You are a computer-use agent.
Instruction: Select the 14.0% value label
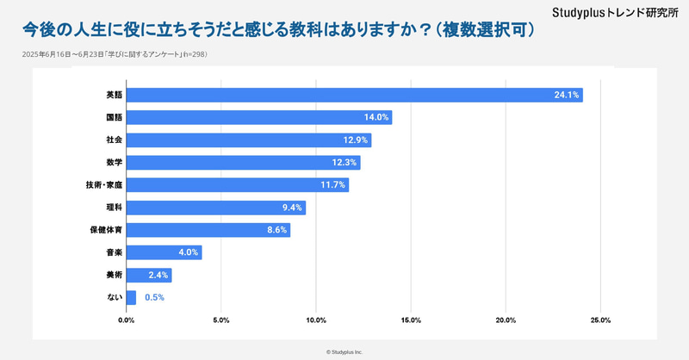pyautogui.click(x=376, y=117)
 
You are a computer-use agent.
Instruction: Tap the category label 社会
pyautogui.click(x=113, y=140)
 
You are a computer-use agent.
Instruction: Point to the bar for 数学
pyautogui.click(x=243, y=163)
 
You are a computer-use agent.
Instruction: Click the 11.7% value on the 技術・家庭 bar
pyautogui.click(x=332, y=185)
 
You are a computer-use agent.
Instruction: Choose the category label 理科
pyautogui.click(x=113, y=208)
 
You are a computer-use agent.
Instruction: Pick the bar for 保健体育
pyautogui.click(x=208, y=230)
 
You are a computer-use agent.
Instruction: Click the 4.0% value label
pyautogui.click(x=187, y=252)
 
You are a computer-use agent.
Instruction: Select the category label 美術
pyautogui.click(x=113, y=275)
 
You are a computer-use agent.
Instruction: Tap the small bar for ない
pyautogui.click(x=131, y=297)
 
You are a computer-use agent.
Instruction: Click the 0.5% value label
pyautogui.click(x=154, y=297)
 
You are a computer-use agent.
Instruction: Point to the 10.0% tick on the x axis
pyautogui.click(x=315, y=320)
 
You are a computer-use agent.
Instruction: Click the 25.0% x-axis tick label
pyautogui.click(x=599, y=320)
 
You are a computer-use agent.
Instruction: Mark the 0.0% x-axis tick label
pyautogui.click(x=127, y=320)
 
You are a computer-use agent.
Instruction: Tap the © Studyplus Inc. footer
pyautogui.click(x=344, y=351)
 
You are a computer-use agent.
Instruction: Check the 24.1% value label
pyautogui.click(x=567, y=95)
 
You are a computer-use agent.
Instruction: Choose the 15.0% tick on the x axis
pyautogui.click(x=410, y=320)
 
